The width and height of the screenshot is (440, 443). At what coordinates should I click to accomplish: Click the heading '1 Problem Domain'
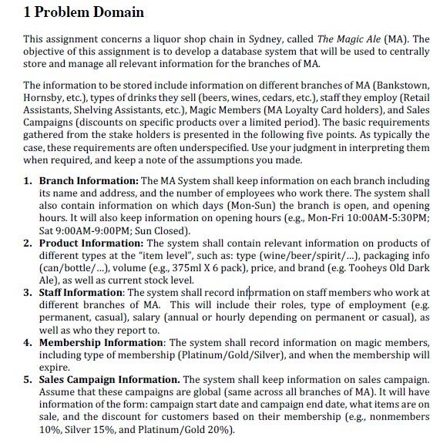click(x=83, y=12)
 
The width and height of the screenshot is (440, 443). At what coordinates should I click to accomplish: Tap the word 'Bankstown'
click(x=403, y=85)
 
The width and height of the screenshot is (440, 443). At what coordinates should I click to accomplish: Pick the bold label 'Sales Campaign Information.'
click(x=109, y=380)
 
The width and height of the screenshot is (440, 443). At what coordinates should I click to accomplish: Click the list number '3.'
click(x=29, y=293)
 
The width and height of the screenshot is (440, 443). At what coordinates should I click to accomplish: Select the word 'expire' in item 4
click(x=54, y=367)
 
